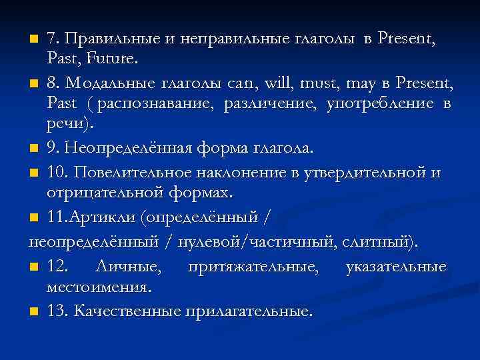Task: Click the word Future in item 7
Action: tap(113, 60)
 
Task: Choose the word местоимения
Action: tap(99, 288)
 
